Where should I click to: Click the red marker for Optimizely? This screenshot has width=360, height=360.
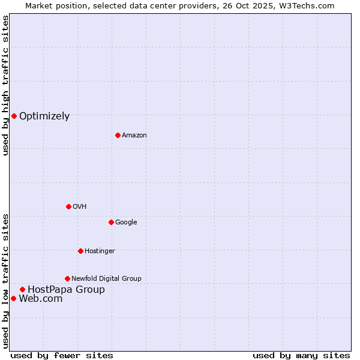pyautogui.click(x=14, y=116)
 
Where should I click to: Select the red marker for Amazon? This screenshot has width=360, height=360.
pyautogui.click(x=118, y=135)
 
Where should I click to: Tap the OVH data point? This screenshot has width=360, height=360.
pyautogui.click(x=68, y=206)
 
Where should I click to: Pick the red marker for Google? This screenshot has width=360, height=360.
pyautogui.click(x=111, y=222)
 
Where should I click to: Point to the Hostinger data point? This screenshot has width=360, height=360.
pyautogui.click(x=80, y=251)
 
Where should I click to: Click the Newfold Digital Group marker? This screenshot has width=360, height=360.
pyautogui.click(x=67, y=278)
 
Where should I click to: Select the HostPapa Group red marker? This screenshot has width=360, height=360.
pyautogui.click(x=22, y=289)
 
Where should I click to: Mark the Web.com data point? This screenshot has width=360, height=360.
pyautogui.click(x=13, y=298)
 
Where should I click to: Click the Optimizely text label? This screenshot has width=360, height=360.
pyautogui.click(x=44, y=116)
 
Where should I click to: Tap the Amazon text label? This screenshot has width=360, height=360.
pyautogui.click(x=134, y=135)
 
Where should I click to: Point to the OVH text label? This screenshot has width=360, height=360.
pyautogui.click(x=80, y=206)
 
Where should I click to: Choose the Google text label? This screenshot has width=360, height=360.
pyautogui.click(x=126, y=222)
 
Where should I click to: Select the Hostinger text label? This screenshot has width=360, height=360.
pyautogui.click(x=100, y=251)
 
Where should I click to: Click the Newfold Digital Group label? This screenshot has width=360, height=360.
pyautogui.click(x=106, y=278)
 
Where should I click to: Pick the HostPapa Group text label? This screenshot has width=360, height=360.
pyautogui.click(x=66, y=290)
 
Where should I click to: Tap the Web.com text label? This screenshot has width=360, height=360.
pyautogui.click(x=41, y=299)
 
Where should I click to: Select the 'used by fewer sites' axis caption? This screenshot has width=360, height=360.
pyautogui.click(x=62, y=355)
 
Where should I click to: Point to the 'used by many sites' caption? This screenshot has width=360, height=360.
pyautogui.click(x=301, y=355)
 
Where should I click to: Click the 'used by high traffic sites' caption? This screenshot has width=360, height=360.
pyautogui.click(x=5, y=85)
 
